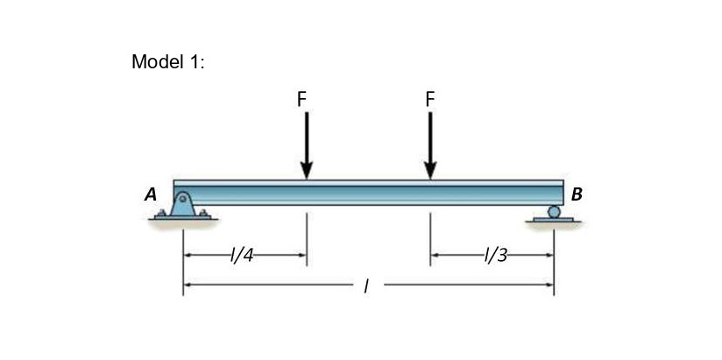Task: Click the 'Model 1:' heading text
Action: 167,62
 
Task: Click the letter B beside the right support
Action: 576,194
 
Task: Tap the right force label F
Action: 429,99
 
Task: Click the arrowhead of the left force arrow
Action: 307,169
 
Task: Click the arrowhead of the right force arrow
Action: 429,169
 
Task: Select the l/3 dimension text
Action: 495,256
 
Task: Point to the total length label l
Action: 365,285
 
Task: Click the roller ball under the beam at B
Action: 553,211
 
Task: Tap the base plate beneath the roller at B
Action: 553,219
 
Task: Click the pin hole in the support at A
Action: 183,200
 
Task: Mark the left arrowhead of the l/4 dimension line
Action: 188,256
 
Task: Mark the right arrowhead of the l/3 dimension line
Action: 549,256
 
